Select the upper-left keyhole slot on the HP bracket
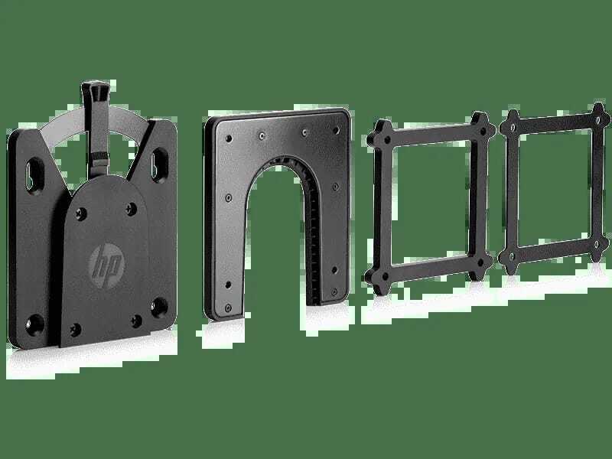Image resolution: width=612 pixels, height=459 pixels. (x=35, y=174)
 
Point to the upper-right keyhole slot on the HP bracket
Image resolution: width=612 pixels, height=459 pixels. (x=160, y=164)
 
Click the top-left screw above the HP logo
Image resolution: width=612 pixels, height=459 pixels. (x=81, y=214)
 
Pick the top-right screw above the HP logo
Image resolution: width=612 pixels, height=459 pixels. (x=132, y=209)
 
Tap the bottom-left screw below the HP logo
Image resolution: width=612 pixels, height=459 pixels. (x=76, y=330)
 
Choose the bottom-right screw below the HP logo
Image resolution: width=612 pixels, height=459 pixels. (x=136, y=321)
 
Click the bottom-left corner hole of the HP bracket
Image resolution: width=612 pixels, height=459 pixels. (x=34, y=324)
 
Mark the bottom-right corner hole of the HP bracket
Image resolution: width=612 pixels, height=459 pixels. (x=159, y=308)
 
